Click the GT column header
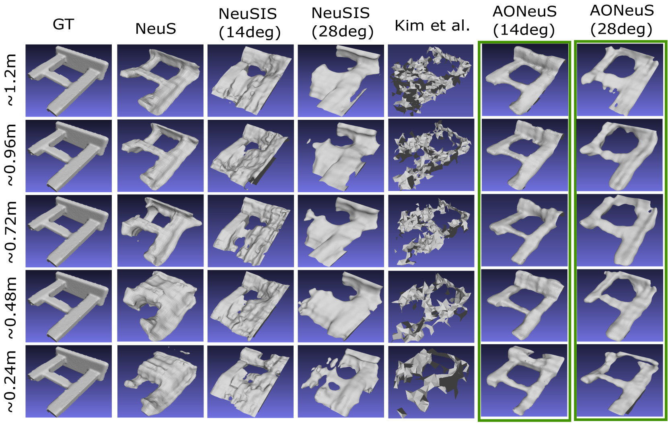[x=63, y=25]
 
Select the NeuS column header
[x=156, y=29]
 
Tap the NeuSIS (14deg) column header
[x=249, y=23]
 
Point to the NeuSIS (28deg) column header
[x=342, y=23]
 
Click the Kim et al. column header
[x=432, y=26]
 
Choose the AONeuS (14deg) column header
[x=524, y=21]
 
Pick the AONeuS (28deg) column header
[x=621, y=20]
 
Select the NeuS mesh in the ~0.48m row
[x=161, y=306]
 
